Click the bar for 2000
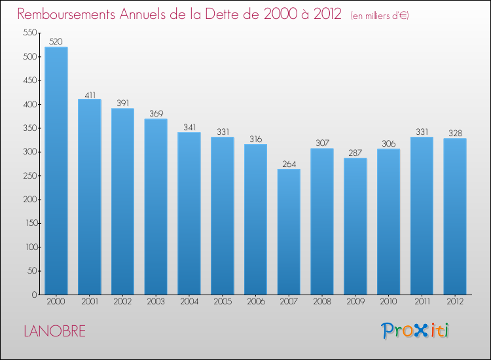click(x=56, y=171)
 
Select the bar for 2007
click(x=289, y=232)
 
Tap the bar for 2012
click(x=455, y=216)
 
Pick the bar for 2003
click(x=156, y=207)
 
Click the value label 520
click(x=56, y=41)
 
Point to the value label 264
click(x=289, y=164)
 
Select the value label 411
click(x=90, y=95)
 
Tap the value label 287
click(x=355, y=153)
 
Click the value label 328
click(x=455, y=133)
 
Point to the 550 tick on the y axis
click(x=30, y=33)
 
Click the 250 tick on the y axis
click(x=30, y=175)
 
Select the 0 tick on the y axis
click(x=35, y=295)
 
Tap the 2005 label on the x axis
click(x=223, y=302)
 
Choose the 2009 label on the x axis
click(x=355, y=302)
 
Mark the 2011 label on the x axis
click(x=422, y=302)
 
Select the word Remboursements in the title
click(x=66, y=14)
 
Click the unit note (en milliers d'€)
click(x=380, y=15)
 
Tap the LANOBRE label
click(x=55, y=331)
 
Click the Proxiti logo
click(x=415, y=331)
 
